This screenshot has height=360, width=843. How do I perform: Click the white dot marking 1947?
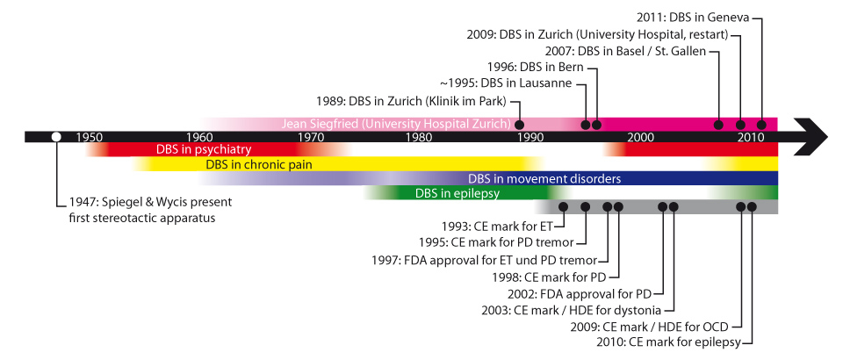pyautogui.click(x=56, y=136)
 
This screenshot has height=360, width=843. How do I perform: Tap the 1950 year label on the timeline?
pyautogui.click(x=90, y=137)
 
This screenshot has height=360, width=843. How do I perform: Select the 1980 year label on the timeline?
pyautogui.click(x=420, y=137)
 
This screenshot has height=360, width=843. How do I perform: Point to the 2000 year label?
pyautogui.click(x=640, y=137)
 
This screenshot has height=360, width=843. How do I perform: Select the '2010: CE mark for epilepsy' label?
pyautogui.click(x=680, y=342)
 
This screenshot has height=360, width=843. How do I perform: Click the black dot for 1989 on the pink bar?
pyautogui.click(x=519, y=124)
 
